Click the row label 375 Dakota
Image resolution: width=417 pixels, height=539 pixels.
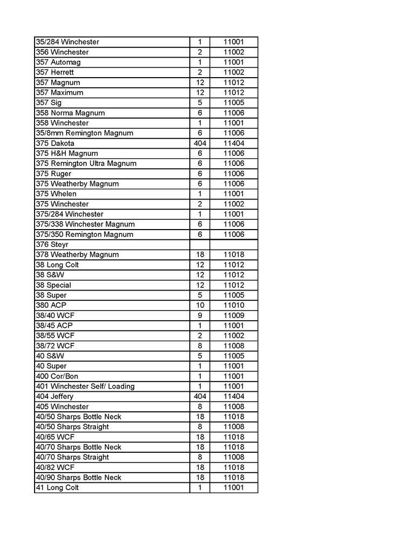[55, 143]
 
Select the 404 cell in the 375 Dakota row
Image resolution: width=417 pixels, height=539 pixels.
[200, 143]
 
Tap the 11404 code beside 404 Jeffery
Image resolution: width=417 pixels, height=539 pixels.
[234, 396]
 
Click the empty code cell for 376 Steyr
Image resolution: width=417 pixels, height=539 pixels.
[234, 245]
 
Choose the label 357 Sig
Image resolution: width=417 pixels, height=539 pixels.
[49, 103]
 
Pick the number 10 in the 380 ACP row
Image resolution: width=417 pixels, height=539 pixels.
[200, 305]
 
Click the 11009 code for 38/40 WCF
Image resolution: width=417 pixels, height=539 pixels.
[234, 315]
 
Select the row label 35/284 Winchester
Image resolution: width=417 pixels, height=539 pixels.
[67, 42]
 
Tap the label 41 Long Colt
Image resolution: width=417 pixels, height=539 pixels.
[57, 488]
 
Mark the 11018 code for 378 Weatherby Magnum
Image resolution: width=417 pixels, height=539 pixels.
[234, 254]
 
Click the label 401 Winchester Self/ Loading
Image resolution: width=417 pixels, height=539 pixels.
[85, 386]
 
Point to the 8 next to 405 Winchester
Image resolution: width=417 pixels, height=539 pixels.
[200, 406]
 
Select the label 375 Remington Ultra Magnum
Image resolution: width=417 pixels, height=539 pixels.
[86, 163]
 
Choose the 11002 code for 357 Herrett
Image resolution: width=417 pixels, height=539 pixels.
[234, 72]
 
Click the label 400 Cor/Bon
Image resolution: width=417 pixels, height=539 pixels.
[57, 376]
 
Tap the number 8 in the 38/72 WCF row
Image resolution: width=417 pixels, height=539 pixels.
[200, 345]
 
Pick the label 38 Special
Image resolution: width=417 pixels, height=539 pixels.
[53, 285]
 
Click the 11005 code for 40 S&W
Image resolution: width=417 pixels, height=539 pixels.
[234, 356]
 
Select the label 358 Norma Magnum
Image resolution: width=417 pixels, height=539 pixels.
[70, 113]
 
